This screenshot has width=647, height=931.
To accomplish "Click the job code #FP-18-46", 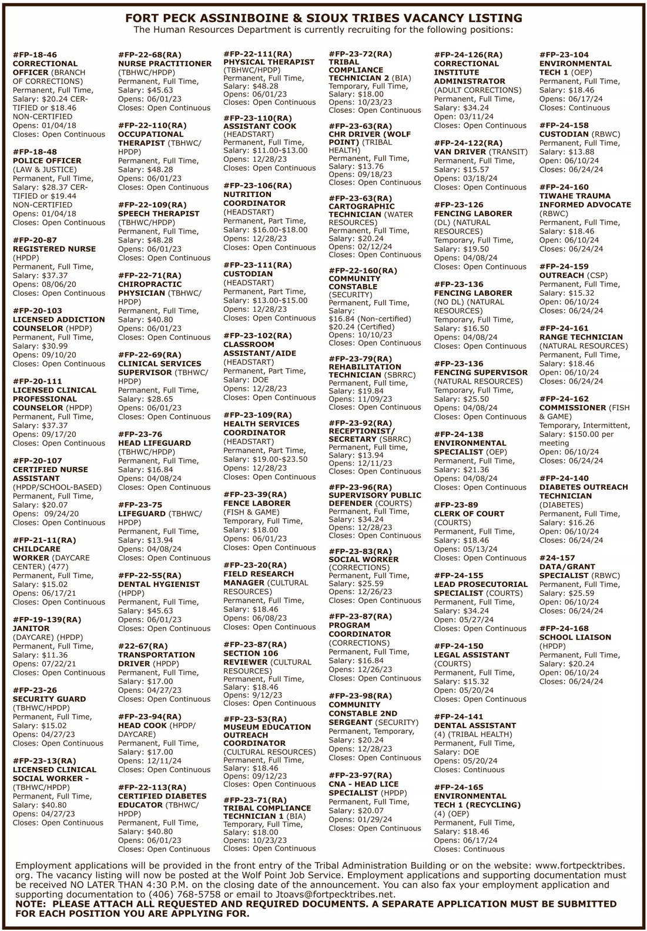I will tap(35, 55).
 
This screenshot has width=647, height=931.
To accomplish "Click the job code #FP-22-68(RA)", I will tap(149, 55).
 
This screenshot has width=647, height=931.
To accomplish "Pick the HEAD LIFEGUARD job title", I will tap(155, 443).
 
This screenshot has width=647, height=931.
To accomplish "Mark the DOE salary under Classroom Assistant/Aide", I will tap(260, 380).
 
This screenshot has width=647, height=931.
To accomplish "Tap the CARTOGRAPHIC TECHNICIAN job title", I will tap(362, 211).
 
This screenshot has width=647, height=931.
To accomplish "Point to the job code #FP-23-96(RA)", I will tap(360, 487).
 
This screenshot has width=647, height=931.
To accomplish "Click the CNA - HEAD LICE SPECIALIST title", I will tap(363, 788).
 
